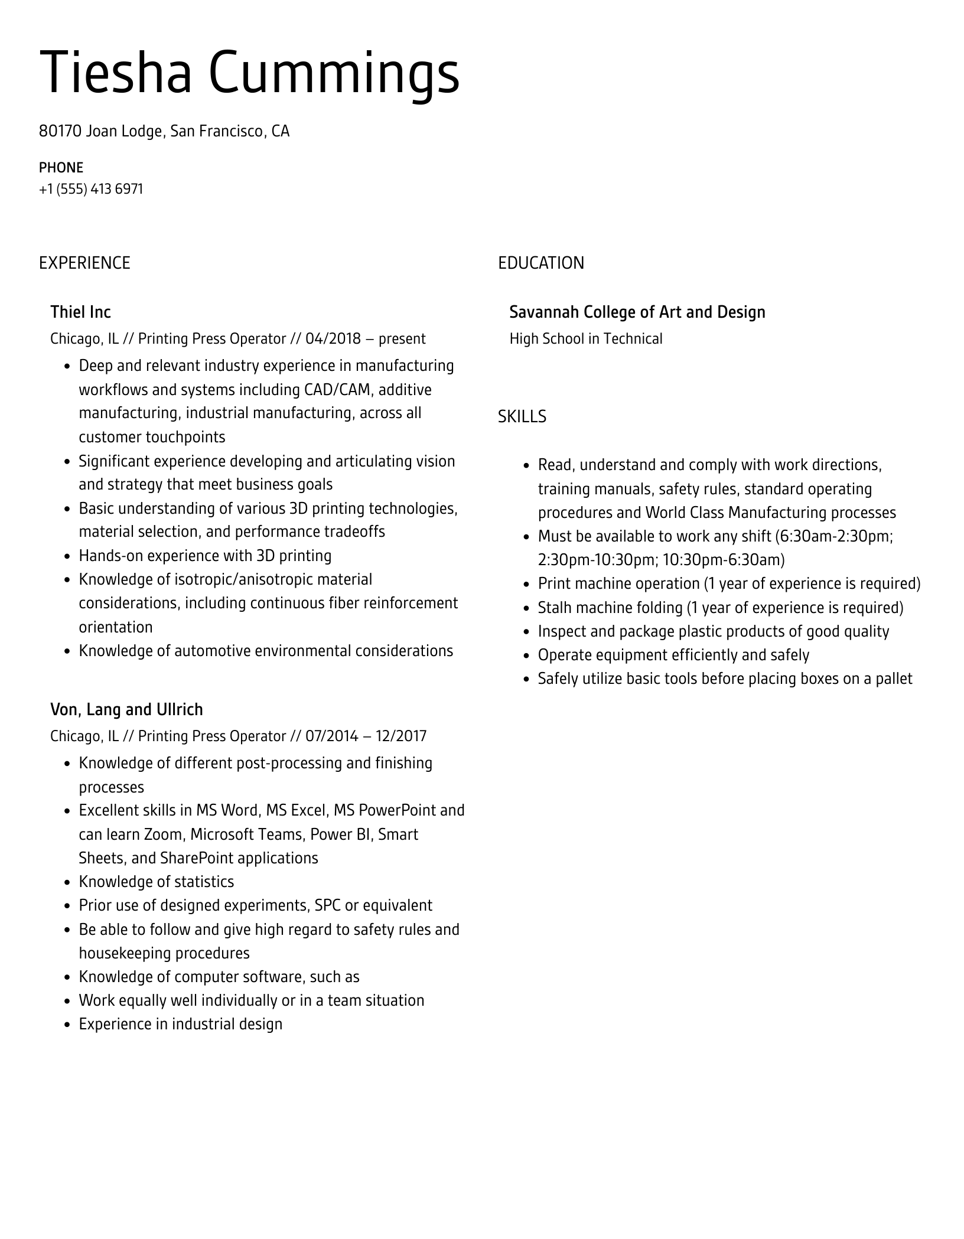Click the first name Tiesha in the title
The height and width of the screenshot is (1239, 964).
pyautogui.click(x=116, y=73)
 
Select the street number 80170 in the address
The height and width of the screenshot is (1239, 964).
pyautogui.click(x=60, y=131)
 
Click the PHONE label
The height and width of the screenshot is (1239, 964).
pyautogui.click(x=61, y=168)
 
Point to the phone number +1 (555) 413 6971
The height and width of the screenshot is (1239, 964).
pyautogui.click(x=91, y=189)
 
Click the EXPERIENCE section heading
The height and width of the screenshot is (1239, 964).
pyautogui.click(x=84, y=263)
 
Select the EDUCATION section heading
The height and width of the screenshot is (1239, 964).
pyautogui.click(x=540, y=263)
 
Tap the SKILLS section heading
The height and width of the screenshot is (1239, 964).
pyautogui.click(x=522, y=417)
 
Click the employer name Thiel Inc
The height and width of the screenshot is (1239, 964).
pyautogui.click(x=80, y=312)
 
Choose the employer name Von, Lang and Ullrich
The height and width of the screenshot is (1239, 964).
pyautogui.click(x=126, y=709)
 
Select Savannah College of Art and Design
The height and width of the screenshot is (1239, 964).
pyautogui.click(x=637, y=312)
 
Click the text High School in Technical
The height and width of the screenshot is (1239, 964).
pyautogui.click(x=585, y=339)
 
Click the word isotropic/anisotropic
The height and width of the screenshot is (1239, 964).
pyautogui.click(x=243, y=579)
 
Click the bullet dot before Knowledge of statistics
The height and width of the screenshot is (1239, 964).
pyautogui.click(x=67, y=882)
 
